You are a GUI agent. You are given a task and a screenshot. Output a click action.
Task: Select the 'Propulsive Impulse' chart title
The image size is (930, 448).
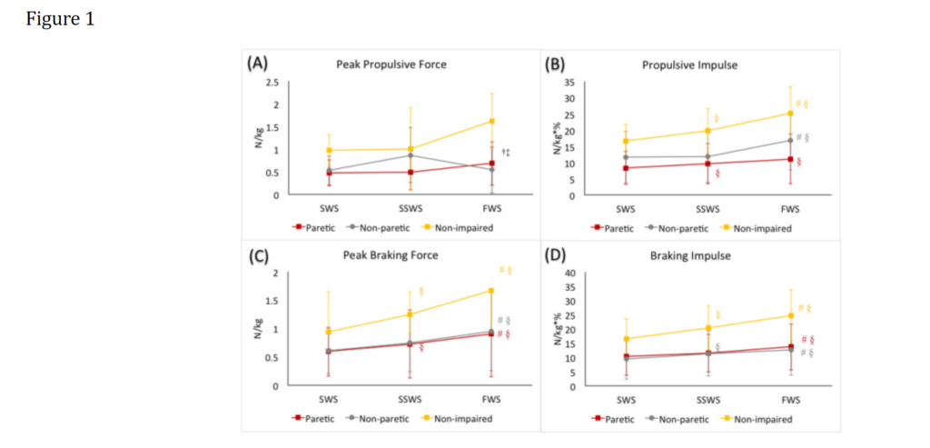tap(677, 65)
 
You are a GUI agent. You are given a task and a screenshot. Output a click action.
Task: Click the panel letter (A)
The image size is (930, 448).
tap(257, 64)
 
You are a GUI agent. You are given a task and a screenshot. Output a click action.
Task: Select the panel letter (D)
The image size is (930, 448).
tap(555, 255)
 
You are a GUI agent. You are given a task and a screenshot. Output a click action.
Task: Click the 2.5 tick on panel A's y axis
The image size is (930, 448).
tap(273, 83)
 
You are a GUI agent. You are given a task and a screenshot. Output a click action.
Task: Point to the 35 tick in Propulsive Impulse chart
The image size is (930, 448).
tap(570, 83)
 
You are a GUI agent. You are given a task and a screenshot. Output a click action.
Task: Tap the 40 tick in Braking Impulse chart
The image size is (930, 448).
tap(570, 273)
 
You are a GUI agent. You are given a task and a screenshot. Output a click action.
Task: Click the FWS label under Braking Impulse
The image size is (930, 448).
tap(789, 399)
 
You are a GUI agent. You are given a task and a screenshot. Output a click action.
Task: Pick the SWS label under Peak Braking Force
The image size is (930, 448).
tap(328, 399)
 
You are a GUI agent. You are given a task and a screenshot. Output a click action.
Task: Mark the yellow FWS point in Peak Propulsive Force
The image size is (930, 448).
tap(492, 121)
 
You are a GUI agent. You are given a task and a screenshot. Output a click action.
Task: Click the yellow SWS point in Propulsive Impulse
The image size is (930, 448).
tap(626, 141)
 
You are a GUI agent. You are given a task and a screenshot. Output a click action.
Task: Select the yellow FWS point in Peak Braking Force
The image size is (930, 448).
tap(492, 291)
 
